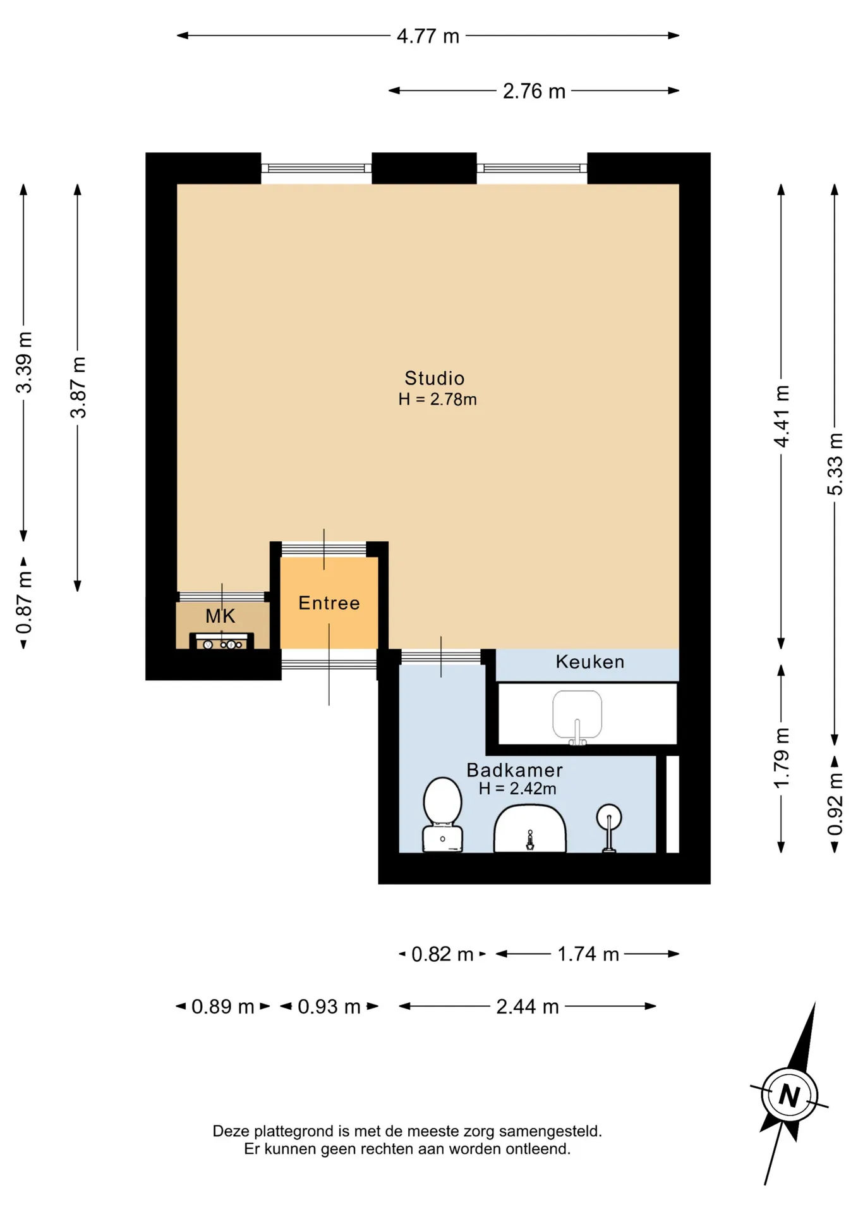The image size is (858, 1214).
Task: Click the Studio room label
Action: (434, 378)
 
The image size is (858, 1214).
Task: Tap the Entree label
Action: (329, 603)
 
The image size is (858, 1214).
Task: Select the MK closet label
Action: (220, 616)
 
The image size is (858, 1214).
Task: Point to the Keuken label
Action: (589, 662)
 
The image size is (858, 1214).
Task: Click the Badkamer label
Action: (514, 770)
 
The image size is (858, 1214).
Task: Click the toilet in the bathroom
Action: (442, 814)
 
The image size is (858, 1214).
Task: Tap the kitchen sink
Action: (577, 717)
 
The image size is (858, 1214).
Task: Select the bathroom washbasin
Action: (529, 828)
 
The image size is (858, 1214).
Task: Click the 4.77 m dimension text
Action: (428, 36)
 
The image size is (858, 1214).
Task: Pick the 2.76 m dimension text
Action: (534, 91)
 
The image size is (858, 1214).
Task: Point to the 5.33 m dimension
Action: (835, 464)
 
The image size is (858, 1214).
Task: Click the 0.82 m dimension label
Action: (442, 954)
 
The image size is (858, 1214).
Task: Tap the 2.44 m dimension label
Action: (528, 1007)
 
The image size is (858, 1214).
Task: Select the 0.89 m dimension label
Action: (222, 1007)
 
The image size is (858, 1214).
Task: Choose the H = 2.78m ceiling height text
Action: (437, 400)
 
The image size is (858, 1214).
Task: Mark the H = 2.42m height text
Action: (517, 788)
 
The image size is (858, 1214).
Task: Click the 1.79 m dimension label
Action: (782, 758)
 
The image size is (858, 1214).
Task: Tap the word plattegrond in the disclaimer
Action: (294, 1131)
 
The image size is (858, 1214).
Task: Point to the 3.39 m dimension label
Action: (24, 362)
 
